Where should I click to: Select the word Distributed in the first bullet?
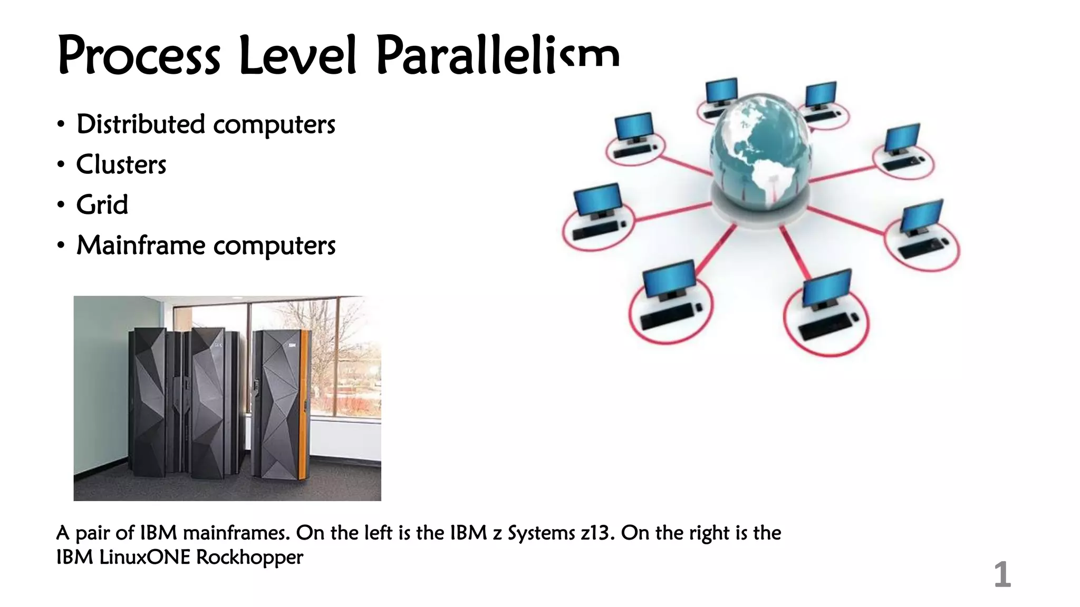pyautogui.click(x=140, y=124)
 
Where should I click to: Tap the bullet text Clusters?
pyautogui.click(x=121, y=165)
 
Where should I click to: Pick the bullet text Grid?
pyautogui.click(x=102, y=205)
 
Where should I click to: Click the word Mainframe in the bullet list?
pyautogui.click(x=140, y=246)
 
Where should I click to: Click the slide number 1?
pyautogui.click(x=1002, y=575)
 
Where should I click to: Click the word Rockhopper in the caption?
pyautogui.click(x=249, y=557)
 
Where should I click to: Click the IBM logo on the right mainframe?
pyautogui.click(x=292, y=345)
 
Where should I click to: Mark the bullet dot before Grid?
pyautogui.click(x=61, y=205)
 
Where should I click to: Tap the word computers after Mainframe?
pyautogui.click(x=274, y=246)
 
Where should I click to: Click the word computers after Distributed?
pyautogui.click(x=274, y=125)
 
